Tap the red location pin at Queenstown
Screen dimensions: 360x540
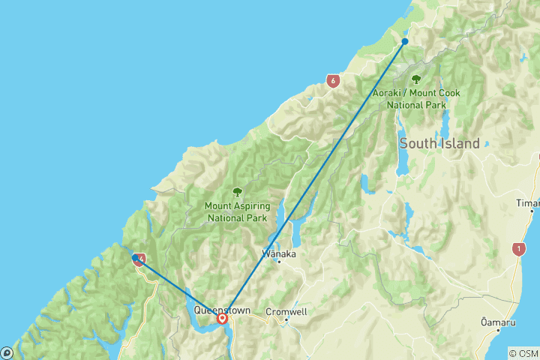(x=223, y=319)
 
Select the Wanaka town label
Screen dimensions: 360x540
(x=279, y=253)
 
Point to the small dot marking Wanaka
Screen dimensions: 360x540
(x=279, y=262)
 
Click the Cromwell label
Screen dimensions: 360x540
(x=287, y=310)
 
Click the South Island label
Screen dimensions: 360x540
(x=439, y=143)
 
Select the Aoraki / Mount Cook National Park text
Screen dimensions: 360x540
(x=416, y=99)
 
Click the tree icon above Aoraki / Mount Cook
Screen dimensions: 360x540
(x=416, y=79)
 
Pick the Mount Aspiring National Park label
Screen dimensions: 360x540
(x=237, y=211)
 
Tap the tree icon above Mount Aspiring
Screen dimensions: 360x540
(x=237, y=192)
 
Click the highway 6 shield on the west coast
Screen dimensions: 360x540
(x=332, y=79)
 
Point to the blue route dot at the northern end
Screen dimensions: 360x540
(x=405, y=41)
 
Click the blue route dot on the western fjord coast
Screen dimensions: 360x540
(x=135, y=258)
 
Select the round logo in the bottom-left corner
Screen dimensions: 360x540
(x=7, y=352)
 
